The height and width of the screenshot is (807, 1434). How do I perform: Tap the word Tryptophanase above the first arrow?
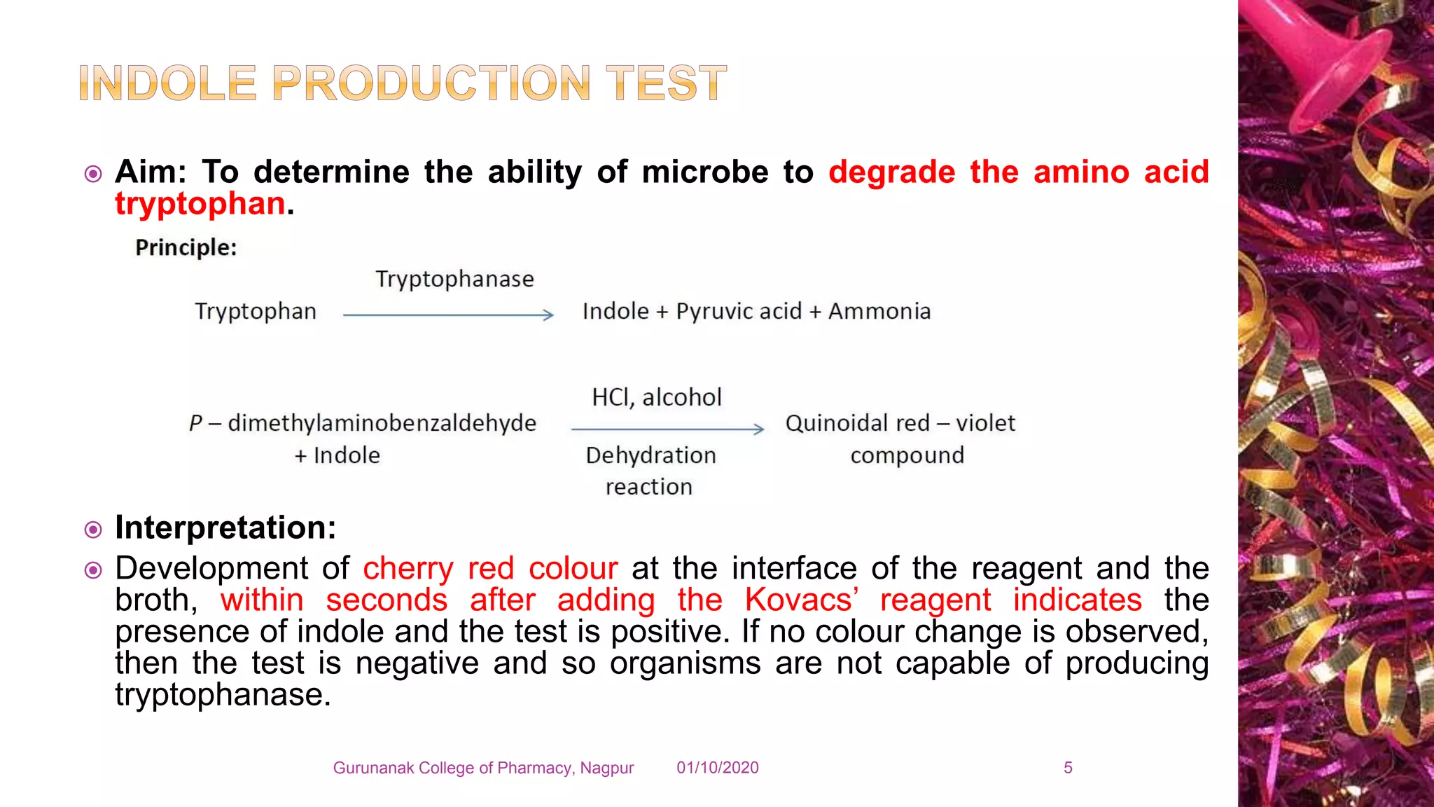[454, 279]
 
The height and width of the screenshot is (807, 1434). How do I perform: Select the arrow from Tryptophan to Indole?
[448, 315]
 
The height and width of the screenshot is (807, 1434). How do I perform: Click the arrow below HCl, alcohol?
[667, 428]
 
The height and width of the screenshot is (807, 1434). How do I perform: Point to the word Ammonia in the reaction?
[879, 311]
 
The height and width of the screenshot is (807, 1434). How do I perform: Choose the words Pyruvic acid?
[739, 311]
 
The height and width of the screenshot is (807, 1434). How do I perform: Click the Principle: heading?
[186, 247]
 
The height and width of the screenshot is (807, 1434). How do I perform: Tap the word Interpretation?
[225, 527]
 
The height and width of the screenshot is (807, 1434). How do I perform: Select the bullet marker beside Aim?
[93, 173]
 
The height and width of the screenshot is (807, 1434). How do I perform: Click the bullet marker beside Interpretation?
[93, 529]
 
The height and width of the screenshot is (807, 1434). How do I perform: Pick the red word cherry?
[408, 568]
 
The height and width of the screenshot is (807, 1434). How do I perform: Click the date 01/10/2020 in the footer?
[717, 768]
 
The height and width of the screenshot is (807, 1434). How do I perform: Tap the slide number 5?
[1068, 768]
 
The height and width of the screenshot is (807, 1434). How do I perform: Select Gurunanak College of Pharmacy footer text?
[483, 768]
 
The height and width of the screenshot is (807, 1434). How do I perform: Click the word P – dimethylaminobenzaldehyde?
[363, 423]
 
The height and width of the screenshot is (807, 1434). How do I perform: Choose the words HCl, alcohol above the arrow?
[656, 397]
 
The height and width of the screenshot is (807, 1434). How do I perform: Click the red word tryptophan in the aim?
[200, 204]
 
